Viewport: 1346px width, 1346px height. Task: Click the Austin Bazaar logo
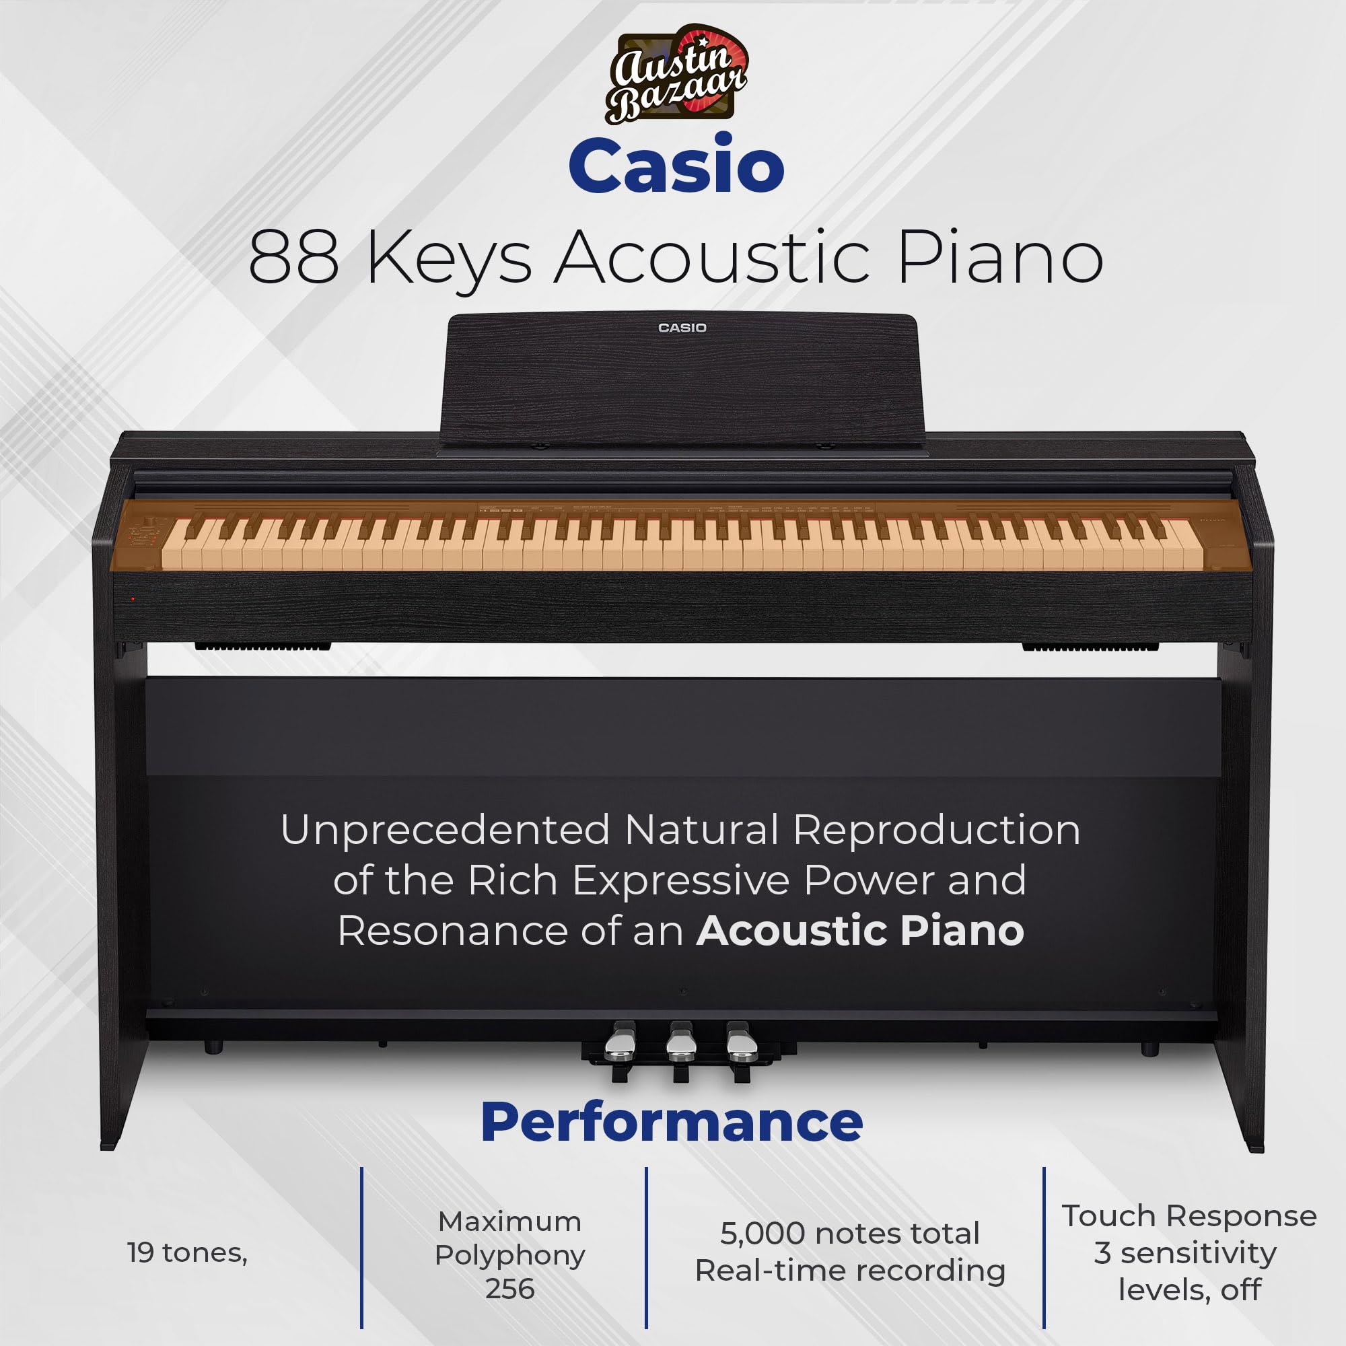pyautogui.click(x=674, y=75)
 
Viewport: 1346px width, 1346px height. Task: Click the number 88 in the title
pyautogui.click(x=294, y=258)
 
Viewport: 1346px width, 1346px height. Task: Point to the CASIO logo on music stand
pyautogui.click(x=682, y=328)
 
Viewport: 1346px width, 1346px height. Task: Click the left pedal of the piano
pyautogui.click(x=619, y=1045)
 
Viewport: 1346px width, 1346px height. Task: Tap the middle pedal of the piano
pyautogui.click(x=680, y=1045)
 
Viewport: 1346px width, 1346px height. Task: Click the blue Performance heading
pyautogui.click(x=672, y=1123)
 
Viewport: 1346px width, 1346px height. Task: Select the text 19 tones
pyautogui.click(x=186, y=1252)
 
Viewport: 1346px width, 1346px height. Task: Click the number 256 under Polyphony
pyautogui.click(x=510, y=1289)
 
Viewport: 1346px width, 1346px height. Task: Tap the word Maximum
pyautogui.click(x=510, y=1221)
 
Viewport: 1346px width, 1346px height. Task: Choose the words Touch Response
pyautogui.click(x=1189, y=1215)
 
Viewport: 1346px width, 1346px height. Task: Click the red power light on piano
pyautogui.click(x=133, y=598)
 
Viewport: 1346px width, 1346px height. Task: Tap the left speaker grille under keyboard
pyautogui.click(x=262, y=647)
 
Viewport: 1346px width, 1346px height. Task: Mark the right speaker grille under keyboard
pyautogui.click(x=1090, y=647)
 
